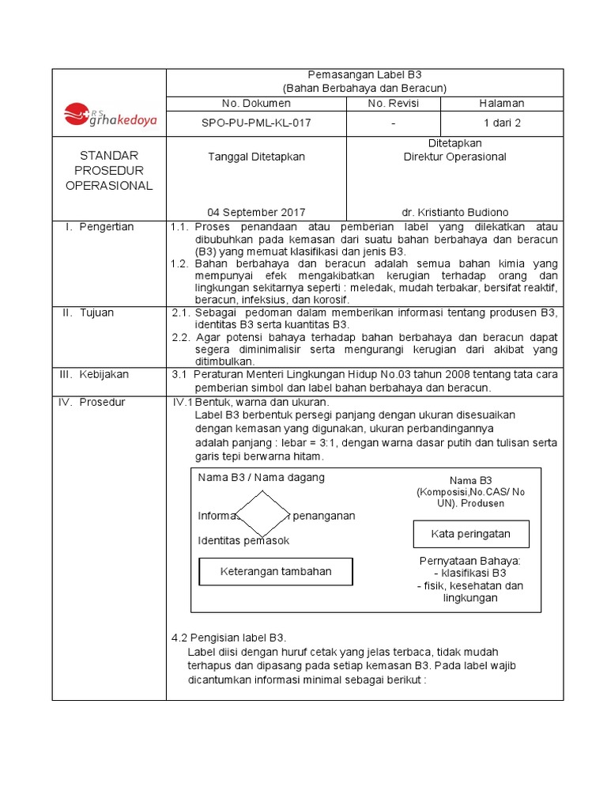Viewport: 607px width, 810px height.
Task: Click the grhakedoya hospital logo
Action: tap(110, 115)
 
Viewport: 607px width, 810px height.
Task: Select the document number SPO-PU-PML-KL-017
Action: tap(255, 123)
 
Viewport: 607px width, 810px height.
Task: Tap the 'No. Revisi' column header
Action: tap(393, 104)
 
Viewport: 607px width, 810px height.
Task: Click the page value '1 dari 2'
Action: tap(502, 123)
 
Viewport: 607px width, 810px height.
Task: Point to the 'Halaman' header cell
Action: tap(502, 104)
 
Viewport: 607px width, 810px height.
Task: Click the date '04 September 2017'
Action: tap(256, 212)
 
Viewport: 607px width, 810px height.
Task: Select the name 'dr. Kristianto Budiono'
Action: tap(454, 212)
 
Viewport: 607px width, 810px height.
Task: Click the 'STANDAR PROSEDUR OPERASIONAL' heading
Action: tap(109, 170)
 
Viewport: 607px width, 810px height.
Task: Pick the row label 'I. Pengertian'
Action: tap(100, 227)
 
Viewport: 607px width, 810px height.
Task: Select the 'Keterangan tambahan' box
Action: tap(276, 571)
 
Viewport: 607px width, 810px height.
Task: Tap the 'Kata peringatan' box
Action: tap(470, 534)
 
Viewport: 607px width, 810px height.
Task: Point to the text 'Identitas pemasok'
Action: tap(243, 541)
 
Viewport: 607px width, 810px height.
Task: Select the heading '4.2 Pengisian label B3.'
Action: tap(228, 638)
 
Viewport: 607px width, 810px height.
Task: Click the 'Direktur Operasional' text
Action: tap(454, 157)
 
